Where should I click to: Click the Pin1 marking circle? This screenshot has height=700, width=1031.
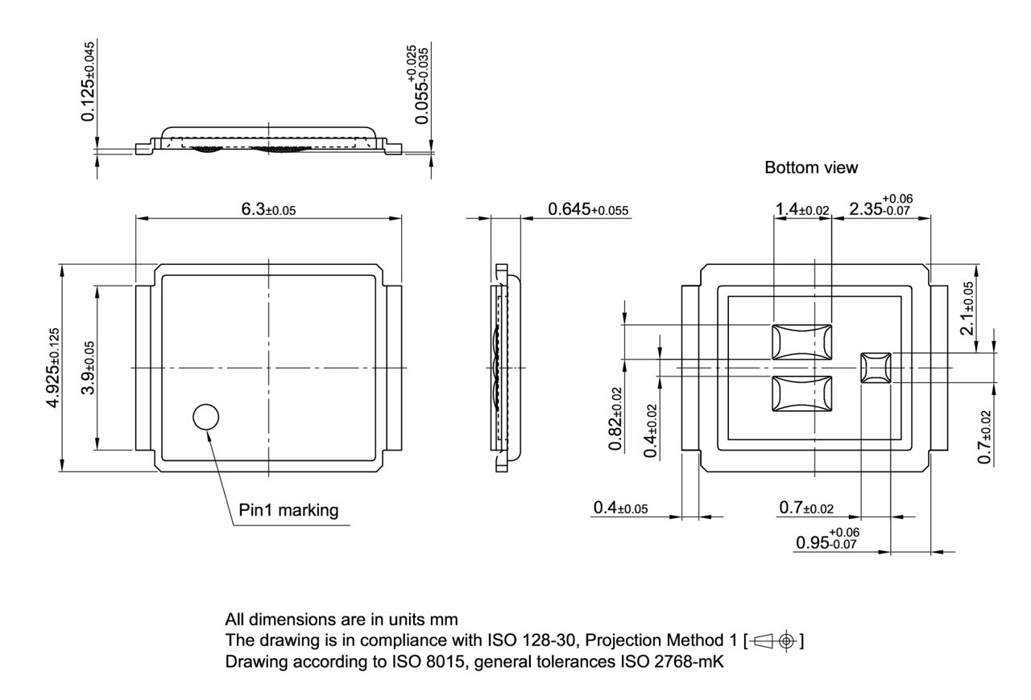206,416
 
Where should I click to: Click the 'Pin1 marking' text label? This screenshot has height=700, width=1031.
288,510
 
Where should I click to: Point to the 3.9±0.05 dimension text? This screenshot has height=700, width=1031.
88,367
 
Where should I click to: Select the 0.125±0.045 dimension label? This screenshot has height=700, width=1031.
88,80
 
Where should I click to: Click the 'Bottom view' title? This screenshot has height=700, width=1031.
811,168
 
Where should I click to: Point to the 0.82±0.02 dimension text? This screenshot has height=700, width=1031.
615,418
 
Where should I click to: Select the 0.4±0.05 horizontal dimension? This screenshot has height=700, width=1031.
620,508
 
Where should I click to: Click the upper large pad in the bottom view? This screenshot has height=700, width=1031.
801,341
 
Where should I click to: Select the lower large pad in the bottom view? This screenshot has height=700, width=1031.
801,394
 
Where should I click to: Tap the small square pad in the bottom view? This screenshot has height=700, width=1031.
876,367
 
